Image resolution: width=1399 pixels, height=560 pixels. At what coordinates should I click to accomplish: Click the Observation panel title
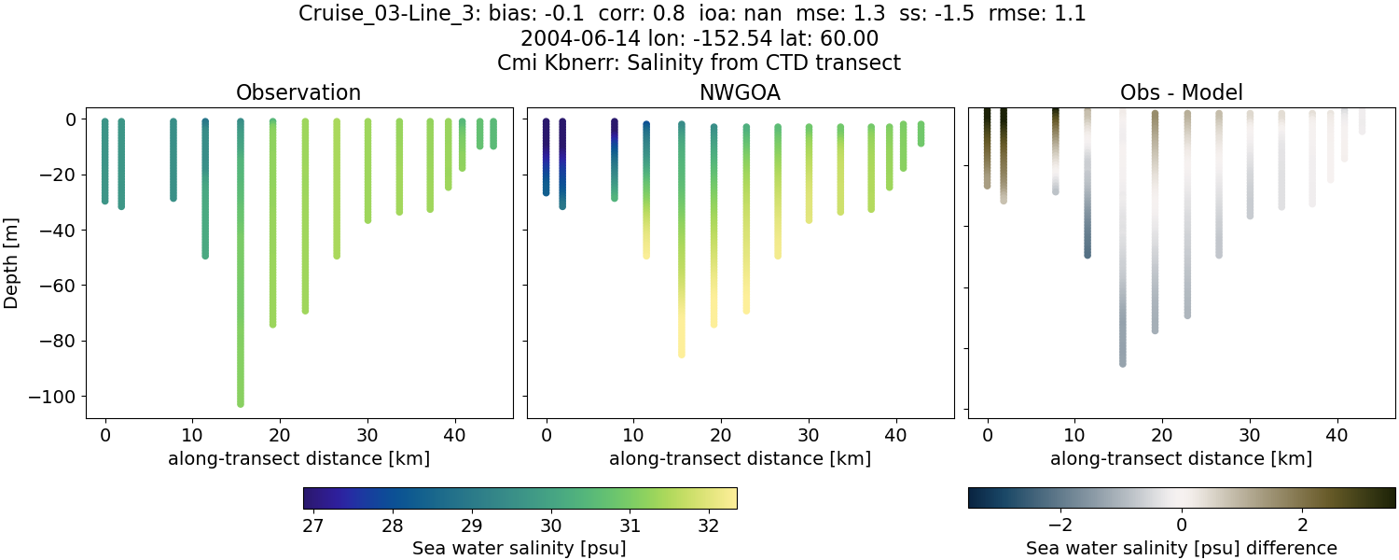pos(298,92)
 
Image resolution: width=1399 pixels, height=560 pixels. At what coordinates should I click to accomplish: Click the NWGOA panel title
pos(740,92)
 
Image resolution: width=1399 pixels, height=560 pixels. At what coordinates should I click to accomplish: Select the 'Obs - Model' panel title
pos(1181,92)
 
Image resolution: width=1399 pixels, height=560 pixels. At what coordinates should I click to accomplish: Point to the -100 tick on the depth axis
pos(55,397)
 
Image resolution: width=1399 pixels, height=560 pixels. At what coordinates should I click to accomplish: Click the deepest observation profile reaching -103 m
pos(240,280)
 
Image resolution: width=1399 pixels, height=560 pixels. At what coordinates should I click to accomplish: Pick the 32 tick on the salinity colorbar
pos(708,525)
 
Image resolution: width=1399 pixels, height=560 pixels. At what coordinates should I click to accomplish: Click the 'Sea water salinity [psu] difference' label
pos(1181,548)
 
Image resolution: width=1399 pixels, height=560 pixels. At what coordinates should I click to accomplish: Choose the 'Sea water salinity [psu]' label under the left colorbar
pos(519,548)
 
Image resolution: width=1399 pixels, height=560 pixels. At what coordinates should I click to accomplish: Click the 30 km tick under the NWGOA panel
pos(808,435)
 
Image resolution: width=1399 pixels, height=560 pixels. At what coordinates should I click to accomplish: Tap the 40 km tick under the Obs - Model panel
pos(1337,435)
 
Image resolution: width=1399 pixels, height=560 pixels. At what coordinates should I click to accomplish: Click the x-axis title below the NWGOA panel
pos(740,458)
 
